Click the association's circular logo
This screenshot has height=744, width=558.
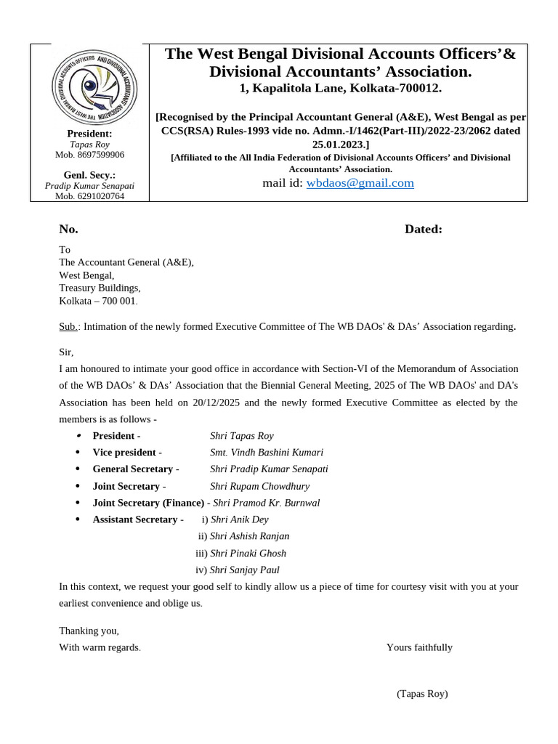[x=94, y=88]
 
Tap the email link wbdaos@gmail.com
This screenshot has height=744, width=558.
[x=360, y=183]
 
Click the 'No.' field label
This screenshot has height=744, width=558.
[x=68, y=230]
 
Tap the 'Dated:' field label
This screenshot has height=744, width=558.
[x=423, y=230]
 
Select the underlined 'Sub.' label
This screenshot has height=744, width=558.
[x=68, y=327]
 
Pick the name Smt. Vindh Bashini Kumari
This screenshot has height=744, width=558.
[x=267, y=453]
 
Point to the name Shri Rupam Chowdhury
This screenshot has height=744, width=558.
[x=259, y=486]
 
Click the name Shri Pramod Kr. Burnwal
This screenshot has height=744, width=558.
[x=266, y=503]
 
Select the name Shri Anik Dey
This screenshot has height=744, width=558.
[x=239, y=519]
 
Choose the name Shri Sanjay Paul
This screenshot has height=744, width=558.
[x=244, y=570]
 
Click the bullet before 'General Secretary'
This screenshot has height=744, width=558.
[x=78, y=469]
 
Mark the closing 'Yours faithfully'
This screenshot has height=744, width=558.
[x=419, y=647]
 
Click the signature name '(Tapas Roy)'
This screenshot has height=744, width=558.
[x=422, y=694]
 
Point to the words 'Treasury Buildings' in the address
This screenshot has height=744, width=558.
[x=100, y=288]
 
